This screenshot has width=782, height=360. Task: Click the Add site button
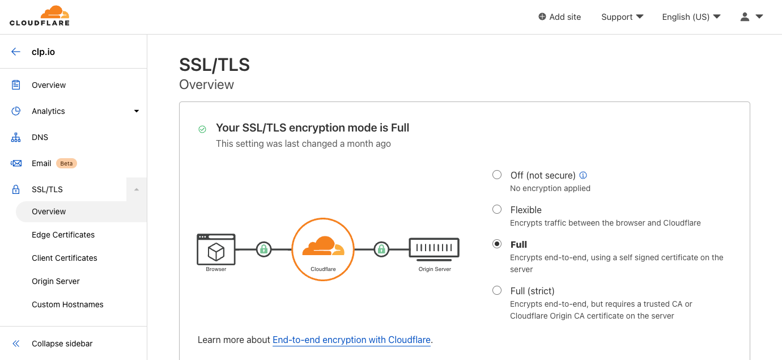point(560,17)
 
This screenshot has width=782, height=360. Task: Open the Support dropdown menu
point(622,17)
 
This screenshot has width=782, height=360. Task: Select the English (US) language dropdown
point(691,17)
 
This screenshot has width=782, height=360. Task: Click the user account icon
point(745,17)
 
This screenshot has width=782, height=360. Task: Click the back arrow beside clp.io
point(16,52)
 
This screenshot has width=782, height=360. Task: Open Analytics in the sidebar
point(48,111)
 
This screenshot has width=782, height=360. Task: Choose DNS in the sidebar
point(40,137)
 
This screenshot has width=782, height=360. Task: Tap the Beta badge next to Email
point(66,163)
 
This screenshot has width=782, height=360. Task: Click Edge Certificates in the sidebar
point(63,235)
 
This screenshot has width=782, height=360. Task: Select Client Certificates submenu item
point(65,258)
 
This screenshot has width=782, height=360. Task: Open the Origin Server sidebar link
point(56,281)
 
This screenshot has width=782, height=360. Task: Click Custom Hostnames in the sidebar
point(67,304)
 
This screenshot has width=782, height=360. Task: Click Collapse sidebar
point(62,344)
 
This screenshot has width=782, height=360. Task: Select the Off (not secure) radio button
point(497,175)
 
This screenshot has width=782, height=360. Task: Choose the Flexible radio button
point(497,209)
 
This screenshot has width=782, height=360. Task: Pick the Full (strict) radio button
point(497,290)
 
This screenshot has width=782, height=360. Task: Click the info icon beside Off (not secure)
point(583,175)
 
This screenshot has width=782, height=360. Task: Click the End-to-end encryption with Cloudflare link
point(351,340)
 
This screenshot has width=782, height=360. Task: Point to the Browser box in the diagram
point(216,249)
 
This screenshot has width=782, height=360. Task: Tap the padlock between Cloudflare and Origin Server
point(381,249)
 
